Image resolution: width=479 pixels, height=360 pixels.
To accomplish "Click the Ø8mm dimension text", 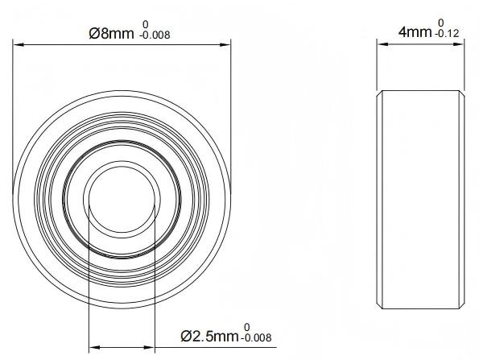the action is point(111,33).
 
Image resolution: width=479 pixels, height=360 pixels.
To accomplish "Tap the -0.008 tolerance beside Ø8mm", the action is point(155,35).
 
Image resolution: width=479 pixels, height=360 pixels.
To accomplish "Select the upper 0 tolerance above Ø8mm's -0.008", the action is point(146,24).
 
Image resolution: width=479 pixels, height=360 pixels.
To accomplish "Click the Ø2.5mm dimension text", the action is point(209,336).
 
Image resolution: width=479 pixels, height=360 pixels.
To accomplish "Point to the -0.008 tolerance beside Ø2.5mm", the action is point(256,337).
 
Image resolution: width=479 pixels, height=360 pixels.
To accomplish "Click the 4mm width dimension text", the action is point(415,32).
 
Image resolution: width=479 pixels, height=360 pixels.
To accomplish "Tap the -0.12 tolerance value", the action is point(448,33).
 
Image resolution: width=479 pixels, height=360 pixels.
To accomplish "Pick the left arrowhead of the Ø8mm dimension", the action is point(19,45).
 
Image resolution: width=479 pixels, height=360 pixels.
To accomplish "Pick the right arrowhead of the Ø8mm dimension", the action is point(225,45).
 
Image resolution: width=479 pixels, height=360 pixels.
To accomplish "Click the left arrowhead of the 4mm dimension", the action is point(382,44).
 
